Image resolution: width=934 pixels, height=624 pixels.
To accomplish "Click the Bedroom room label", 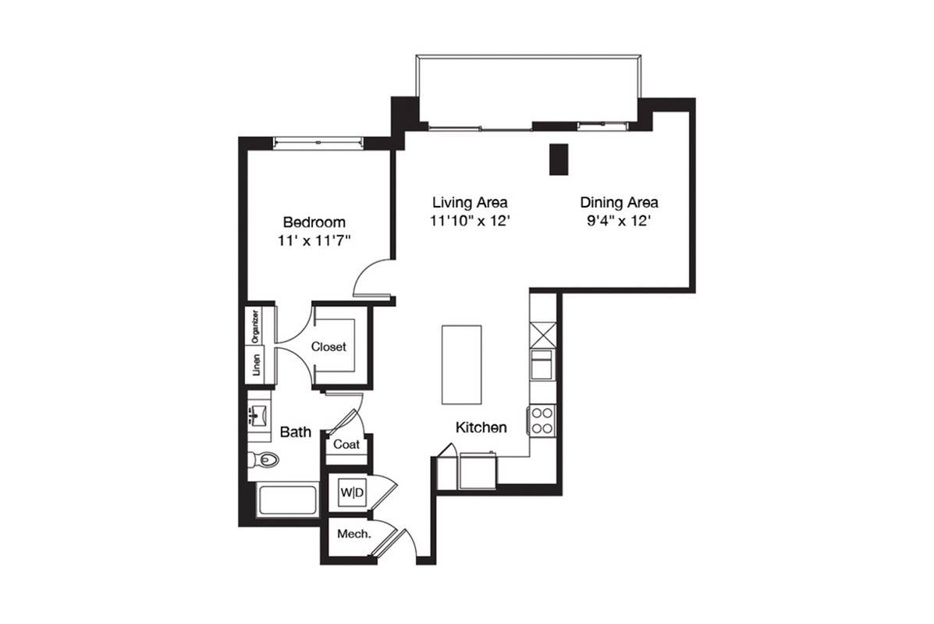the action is click(314, 222).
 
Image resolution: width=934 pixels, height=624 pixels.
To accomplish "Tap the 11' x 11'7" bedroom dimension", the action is click(314, 241).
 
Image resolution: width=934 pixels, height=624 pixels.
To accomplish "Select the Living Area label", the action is click(470, 203).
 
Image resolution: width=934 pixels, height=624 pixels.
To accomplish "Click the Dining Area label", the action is click(619, 203).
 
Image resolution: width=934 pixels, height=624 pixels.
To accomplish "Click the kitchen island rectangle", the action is click(461, 364).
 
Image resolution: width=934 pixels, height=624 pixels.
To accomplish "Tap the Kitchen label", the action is click(481, 427).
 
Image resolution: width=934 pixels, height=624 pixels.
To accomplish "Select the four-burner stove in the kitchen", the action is click(542, 420).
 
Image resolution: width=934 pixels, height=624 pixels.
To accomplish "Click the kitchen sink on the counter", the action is click(542, 364).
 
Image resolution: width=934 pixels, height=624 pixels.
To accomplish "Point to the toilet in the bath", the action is click(264, 459).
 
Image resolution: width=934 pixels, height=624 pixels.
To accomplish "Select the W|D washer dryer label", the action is click(351, 492).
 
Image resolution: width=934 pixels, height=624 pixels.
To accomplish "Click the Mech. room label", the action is click(353, 534).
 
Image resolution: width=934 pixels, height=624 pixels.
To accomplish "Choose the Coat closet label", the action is click(346, 444).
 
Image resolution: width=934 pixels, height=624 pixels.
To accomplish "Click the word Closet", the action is click(328, 346).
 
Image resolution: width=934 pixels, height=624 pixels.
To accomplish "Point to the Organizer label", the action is click(255, 326).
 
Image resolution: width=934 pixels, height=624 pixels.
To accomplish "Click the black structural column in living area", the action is click(558, 159).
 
